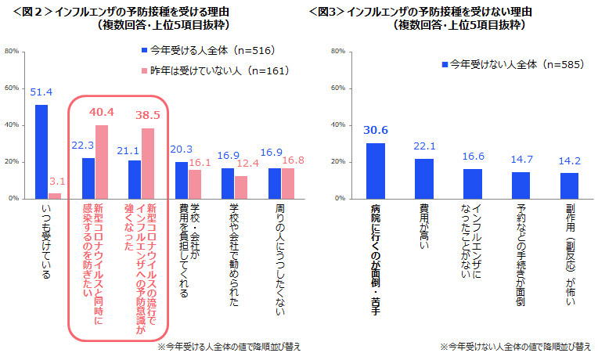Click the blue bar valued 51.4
(41, 152)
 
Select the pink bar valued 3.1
(55, 196)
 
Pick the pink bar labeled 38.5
(147, 164)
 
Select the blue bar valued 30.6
(376, 171)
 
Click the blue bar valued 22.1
(424, 178)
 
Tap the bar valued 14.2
(569, 185)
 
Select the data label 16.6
(473, 157)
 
